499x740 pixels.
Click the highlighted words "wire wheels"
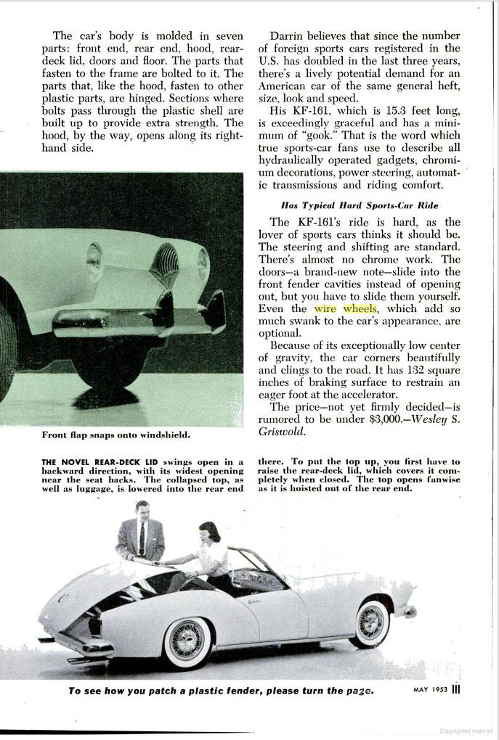point(346,309)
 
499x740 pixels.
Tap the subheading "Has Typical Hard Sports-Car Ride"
point(360,205)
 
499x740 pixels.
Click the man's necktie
point(142,539)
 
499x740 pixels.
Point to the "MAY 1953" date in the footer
point(425,689)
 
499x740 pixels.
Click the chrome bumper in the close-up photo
point(109,319)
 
